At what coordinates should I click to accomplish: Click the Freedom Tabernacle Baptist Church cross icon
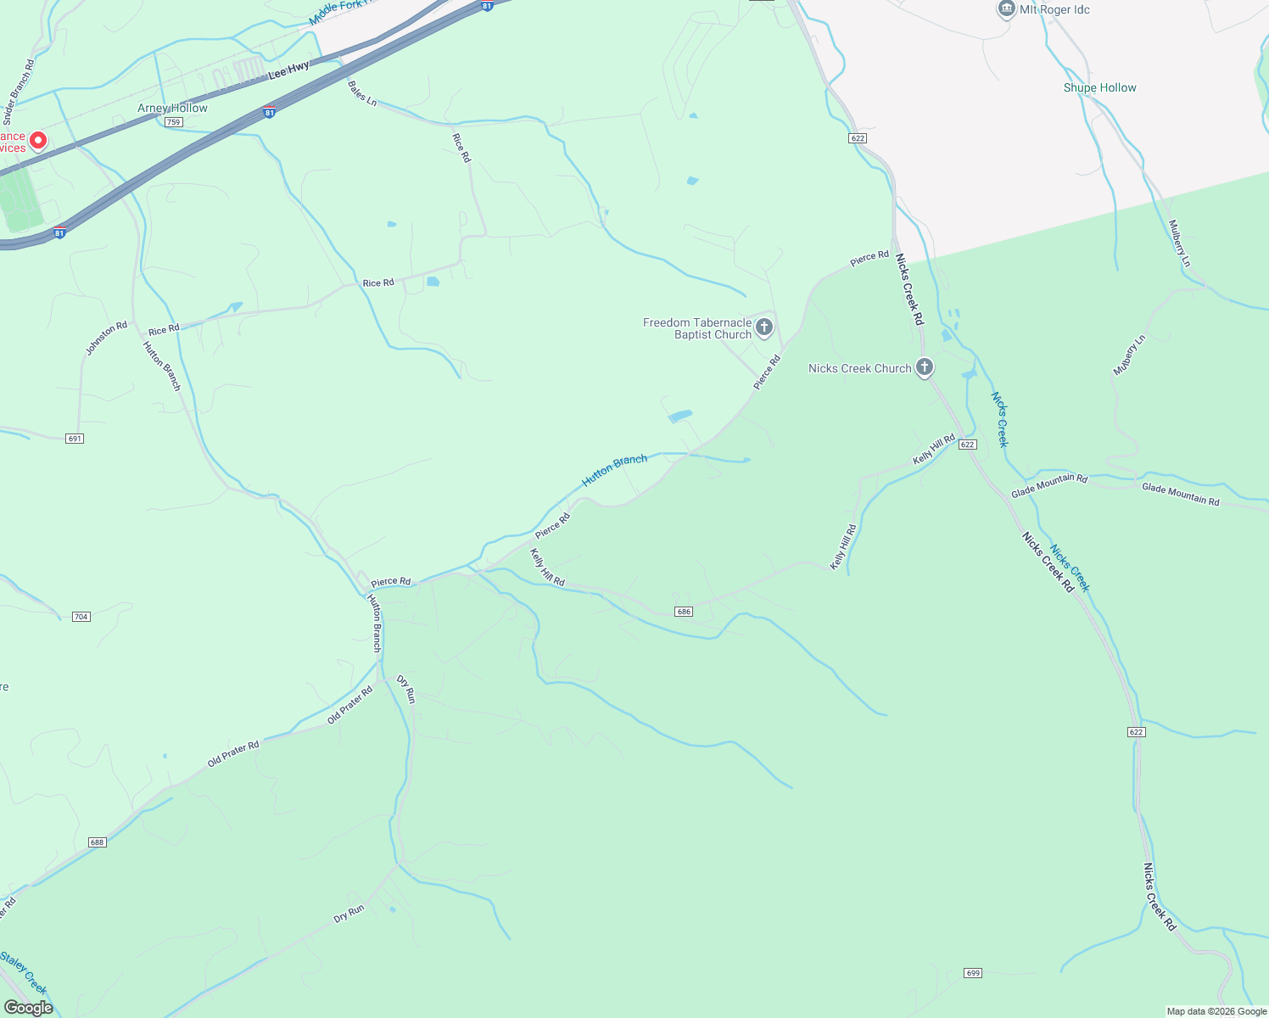click(764, 327)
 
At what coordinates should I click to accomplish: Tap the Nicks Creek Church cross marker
click(925, 367)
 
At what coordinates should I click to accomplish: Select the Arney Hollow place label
click(172, 109)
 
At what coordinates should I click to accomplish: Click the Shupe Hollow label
click(1099, 88)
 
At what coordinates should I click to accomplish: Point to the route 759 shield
click(173, 122)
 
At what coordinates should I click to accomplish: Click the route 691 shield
click(75, 439)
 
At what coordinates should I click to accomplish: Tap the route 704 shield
click(81, 617)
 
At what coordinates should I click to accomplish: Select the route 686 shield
click(684, 612)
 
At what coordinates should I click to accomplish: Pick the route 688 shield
click(97, 842)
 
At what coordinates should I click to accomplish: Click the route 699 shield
click(973, 973)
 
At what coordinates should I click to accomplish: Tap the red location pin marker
click(38, 140)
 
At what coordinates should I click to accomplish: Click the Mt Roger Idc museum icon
click(1006, 9)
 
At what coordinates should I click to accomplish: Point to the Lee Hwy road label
click(288, 70)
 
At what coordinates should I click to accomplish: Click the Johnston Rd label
click(106, 338)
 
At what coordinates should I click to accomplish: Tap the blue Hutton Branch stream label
click(614, 470)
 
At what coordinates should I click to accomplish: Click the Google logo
click(28, 1008)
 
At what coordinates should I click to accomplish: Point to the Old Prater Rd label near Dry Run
click(350, 705)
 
